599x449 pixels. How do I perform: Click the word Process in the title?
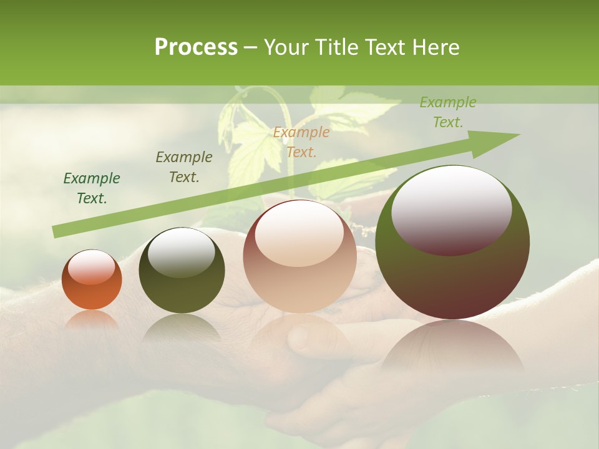(x=196, y=47)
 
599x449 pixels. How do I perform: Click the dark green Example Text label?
(x=92, y=188)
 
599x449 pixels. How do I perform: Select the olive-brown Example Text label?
(x=183, y=167)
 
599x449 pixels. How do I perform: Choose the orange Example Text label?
(x=301, y=142)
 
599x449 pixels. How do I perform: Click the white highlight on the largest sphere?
(x=451, y=209)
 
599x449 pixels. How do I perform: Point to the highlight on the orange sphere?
(x=92, y=268)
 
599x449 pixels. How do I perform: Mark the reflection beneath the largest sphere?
(x=452, y=349)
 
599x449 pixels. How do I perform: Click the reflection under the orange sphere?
(x=92, y=319)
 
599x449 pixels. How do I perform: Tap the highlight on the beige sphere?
(x=299, y=234)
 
